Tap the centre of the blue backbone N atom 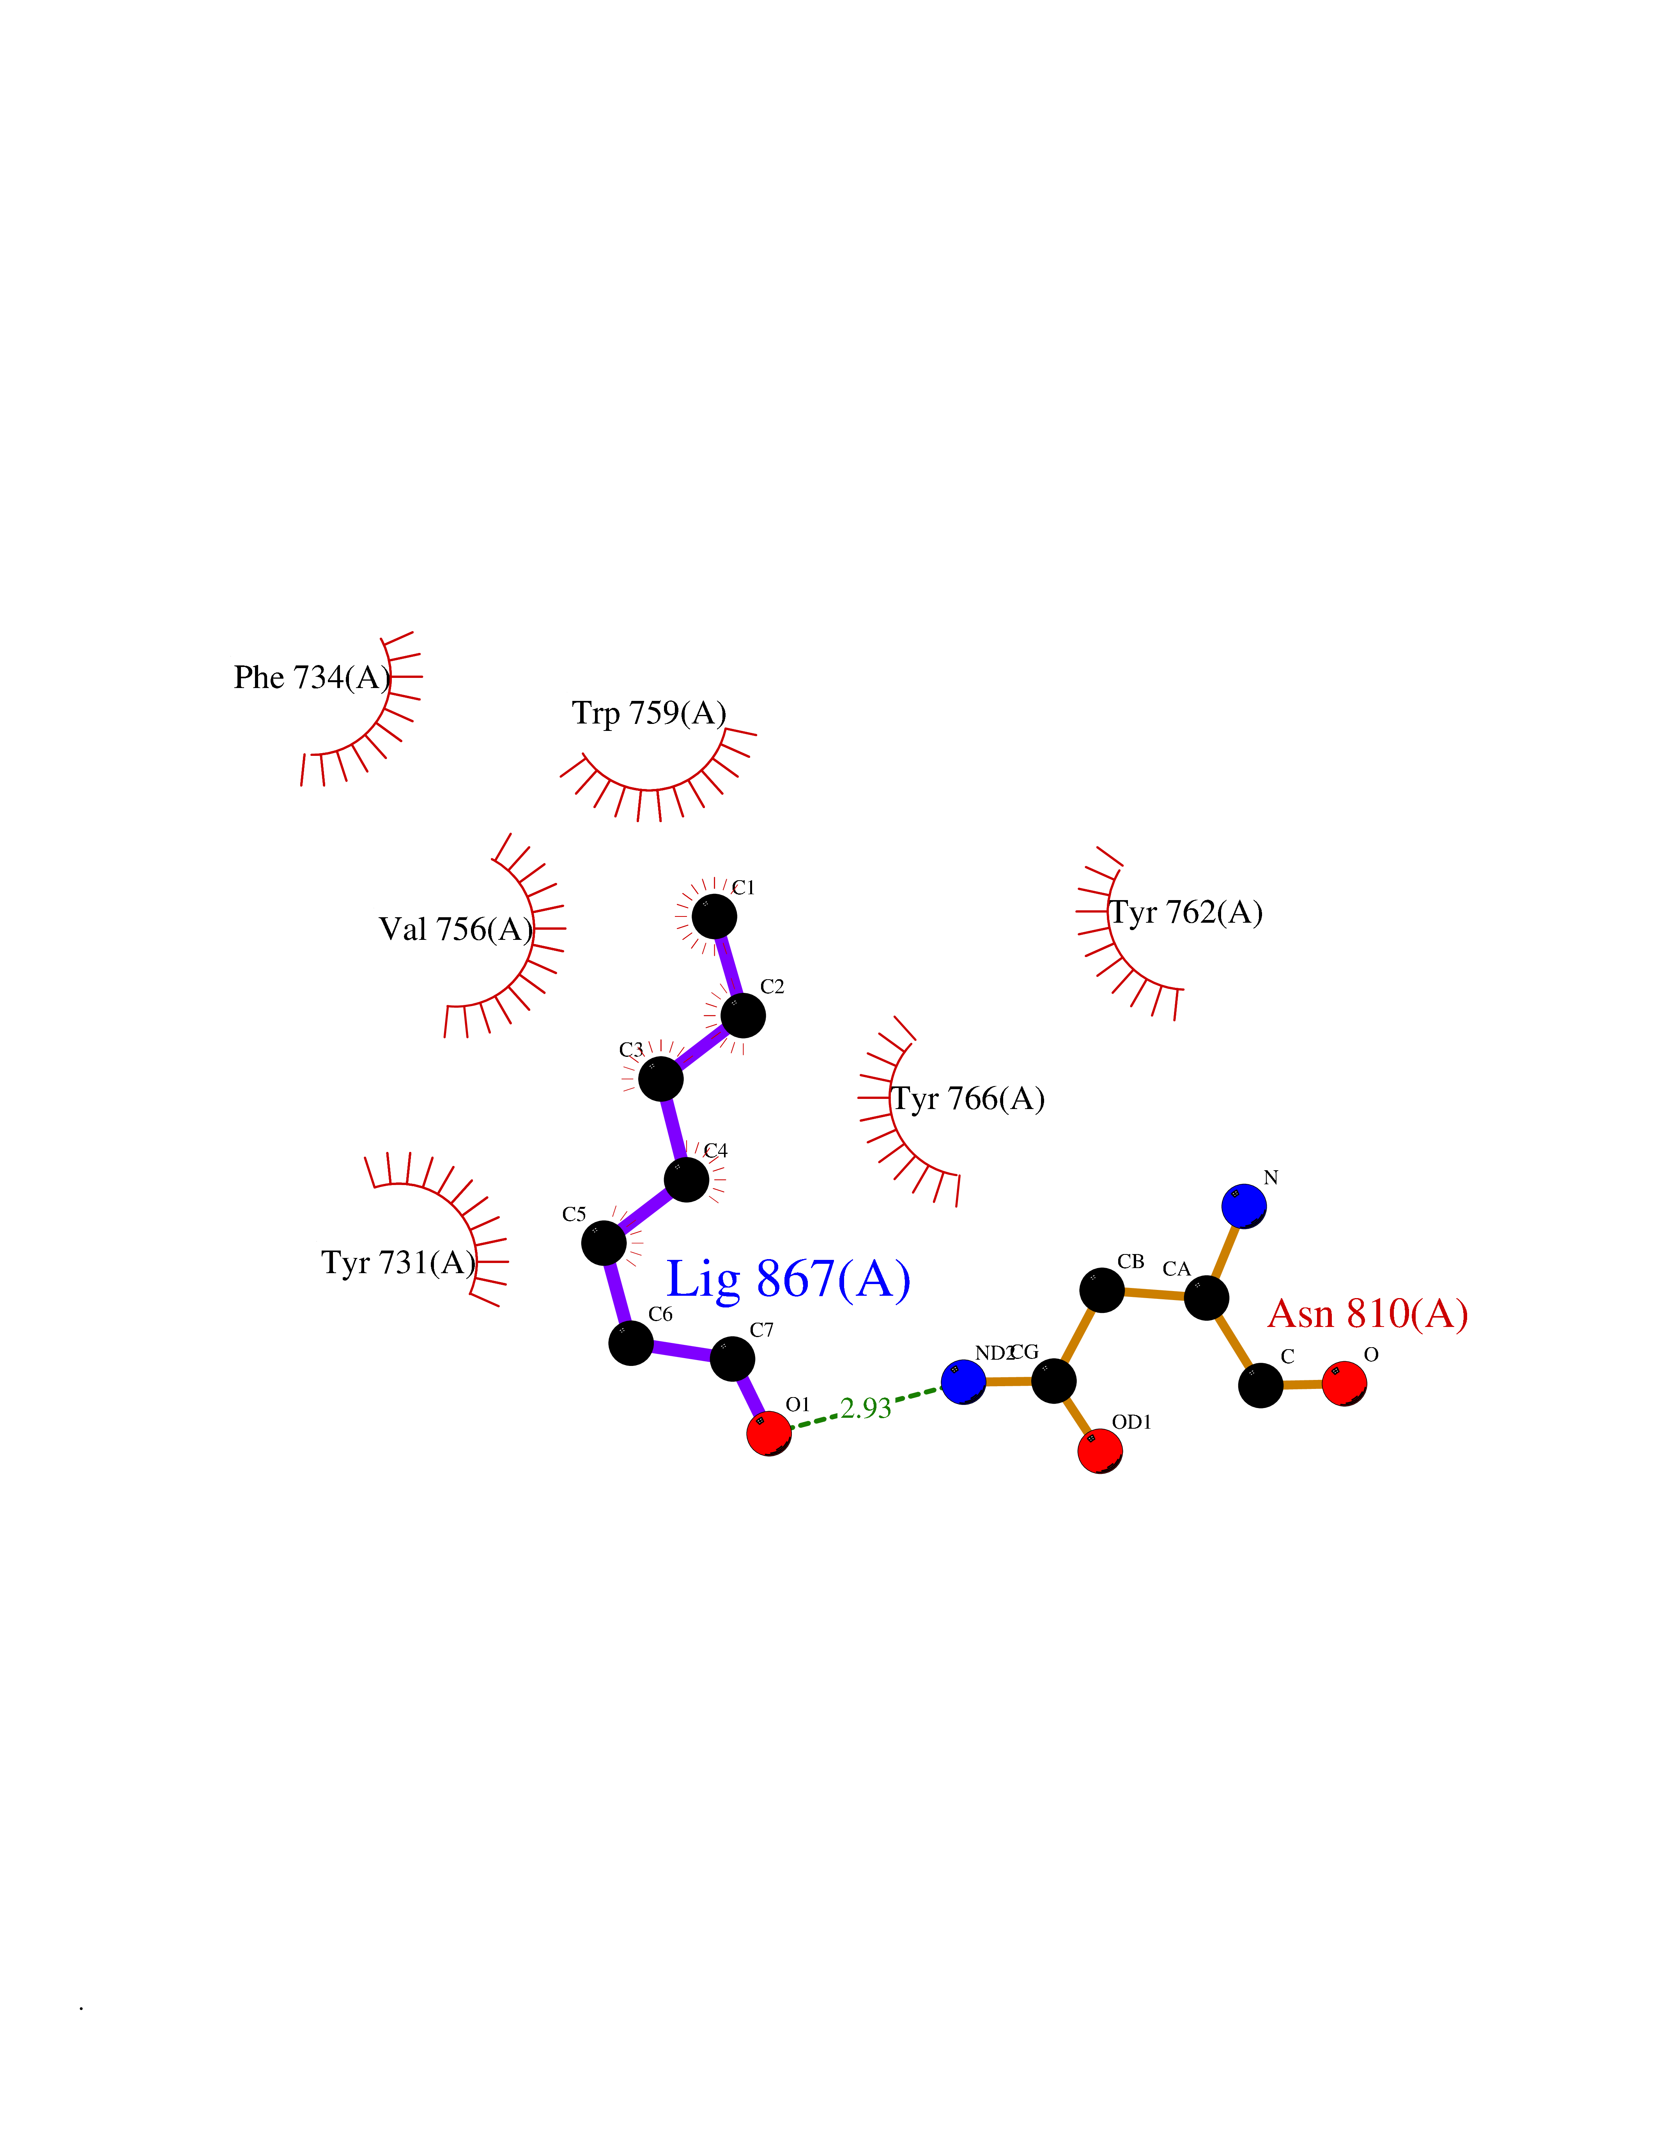coord(1244,1205)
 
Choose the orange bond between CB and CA coord(1154,1294)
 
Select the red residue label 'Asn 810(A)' coord(1367,1314)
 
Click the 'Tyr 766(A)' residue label coord(968,1099)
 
